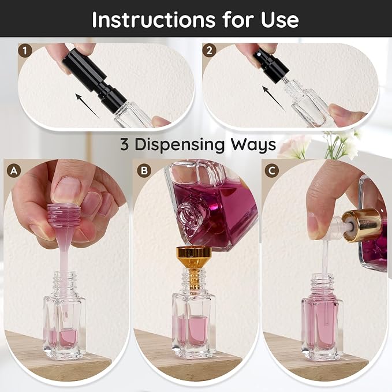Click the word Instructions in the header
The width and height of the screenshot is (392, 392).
point(154,20)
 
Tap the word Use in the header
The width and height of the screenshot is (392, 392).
point(280,20)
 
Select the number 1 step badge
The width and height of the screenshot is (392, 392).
point(25,51)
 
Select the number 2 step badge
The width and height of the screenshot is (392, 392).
point(209,51)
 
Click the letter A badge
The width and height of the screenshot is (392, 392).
point(14,171)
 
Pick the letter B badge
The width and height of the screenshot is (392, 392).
point(144,171)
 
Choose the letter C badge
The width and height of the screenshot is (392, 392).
point(272,171)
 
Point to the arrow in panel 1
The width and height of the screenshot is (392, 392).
point(87,106)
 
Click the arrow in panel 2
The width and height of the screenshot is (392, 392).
point(274,98)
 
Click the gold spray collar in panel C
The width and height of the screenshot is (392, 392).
point(362,225)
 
